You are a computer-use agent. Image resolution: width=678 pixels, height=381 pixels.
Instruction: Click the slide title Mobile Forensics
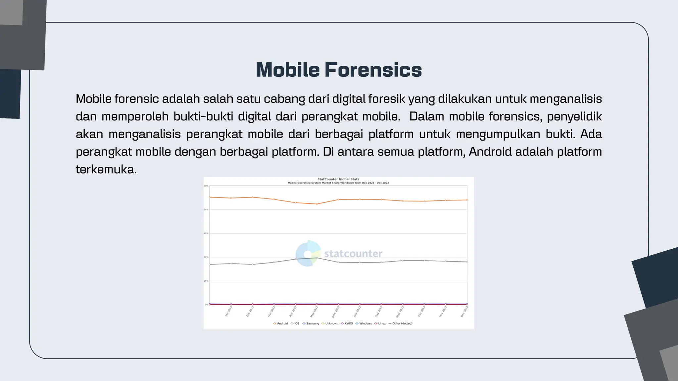[339, 70]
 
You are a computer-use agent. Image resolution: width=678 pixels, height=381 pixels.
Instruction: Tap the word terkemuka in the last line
[106, 169]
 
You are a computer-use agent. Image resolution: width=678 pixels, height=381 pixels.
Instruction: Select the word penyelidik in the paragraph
[574, 116]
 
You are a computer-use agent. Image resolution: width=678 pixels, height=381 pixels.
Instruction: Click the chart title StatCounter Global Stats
[338, 179]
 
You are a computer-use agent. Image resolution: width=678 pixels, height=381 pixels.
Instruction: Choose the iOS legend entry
[295, 323]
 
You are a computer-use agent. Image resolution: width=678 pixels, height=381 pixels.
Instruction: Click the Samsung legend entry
[311, 323]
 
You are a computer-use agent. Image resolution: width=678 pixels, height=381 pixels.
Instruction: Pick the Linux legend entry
[380, 323]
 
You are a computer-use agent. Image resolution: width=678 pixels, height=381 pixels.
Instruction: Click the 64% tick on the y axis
[206, 210]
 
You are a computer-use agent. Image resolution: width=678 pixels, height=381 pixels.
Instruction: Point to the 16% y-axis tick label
[206, 281]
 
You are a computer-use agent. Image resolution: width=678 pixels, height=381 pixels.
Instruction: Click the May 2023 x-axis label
[314, 312]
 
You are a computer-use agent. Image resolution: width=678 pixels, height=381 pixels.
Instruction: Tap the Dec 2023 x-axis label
[464, 312]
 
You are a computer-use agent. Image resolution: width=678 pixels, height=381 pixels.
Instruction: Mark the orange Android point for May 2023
[317, 204]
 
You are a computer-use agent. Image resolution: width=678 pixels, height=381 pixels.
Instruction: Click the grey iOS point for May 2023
[317, 258]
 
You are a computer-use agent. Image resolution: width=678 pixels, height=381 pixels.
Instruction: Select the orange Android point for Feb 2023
[253, 197]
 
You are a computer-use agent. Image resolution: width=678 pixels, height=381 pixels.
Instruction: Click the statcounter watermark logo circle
[308, 253]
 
